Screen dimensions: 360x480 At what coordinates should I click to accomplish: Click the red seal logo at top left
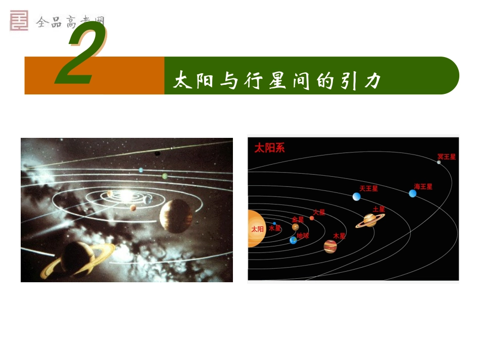click(x=19, y=20)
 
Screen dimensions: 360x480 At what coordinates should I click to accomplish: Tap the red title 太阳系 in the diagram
click(x=269, y=148)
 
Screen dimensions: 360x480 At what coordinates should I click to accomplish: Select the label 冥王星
click(x=447, y=157)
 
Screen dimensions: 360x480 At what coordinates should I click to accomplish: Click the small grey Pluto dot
click(x=439, y=162)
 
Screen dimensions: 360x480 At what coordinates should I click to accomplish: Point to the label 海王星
click(x=423, y=186)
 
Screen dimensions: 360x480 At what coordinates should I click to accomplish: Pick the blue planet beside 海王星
click(x=413, y=193)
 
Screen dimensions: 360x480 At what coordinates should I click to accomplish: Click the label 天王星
click(x=368, y=188)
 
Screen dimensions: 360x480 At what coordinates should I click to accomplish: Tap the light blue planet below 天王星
click(x=357, y=196)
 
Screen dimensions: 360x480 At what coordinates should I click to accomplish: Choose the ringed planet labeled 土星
click(x=370, y=220)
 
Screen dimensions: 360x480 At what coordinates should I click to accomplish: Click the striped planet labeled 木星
click(x=330, y=246)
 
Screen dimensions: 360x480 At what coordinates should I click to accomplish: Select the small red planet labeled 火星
click(x=312, y=218)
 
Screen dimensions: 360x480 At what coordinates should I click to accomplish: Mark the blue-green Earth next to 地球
click(x=293, y=240)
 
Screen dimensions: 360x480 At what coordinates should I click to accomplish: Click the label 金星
click(x=298, y=220)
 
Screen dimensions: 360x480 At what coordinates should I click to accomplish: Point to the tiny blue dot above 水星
click(x=274, y=223)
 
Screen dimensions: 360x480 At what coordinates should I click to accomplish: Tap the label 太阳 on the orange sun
click(x=257, y=229)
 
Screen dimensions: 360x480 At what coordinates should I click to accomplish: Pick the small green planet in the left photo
click(x=165, y=176)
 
